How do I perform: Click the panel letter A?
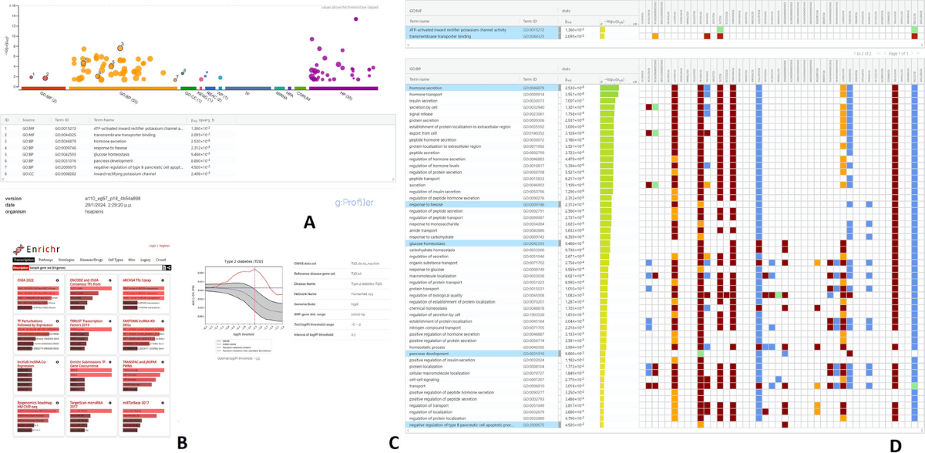(x=309, y=223)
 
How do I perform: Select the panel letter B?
(x=182, y=441)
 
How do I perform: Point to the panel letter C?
(x=394, y=441)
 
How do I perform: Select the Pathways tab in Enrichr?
(x=45, y=260)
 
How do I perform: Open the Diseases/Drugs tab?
(x=92, y=260)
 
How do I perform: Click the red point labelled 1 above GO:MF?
(x=32, y=76)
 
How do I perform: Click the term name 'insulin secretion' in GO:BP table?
(x=424, y=101)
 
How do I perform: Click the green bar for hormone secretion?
(x=608, y=88)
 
